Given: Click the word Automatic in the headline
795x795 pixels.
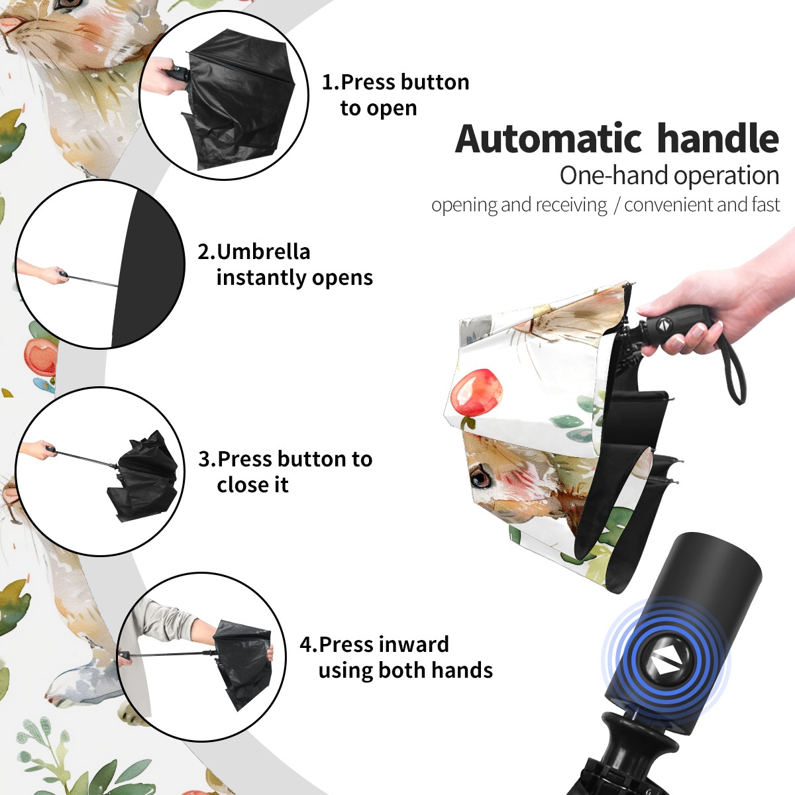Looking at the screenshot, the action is pyautogui.click(x=549, y=139).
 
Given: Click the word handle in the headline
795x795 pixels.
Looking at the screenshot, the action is pyautogui.click(x=718, y=138).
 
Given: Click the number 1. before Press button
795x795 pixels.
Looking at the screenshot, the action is pyautogui.click(x=330, y=82).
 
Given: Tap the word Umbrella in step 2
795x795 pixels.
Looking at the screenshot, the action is pyautogui.click(x=263, y=252).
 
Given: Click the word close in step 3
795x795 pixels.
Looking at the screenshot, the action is pyautogui.click(x=239, y=485).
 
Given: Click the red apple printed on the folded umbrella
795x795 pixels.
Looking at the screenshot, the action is pyautogui.click(x=478, y=393).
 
